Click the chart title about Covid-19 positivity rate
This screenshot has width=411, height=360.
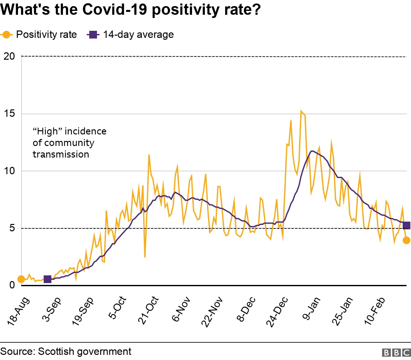point(130,10)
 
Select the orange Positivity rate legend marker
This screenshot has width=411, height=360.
point(6,35)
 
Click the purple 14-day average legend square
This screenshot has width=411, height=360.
point(93,35)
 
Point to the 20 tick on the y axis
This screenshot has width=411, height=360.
point(9,56)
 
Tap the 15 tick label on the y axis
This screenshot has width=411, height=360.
point(9,114)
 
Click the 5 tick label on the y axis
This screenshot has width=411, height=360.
point(12,228)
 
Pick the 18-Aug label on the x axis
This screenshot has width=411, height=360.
point(19,311)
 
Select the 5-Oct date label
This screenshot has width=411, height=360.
point(117,308)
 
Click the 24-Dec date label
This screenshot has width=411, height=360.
point(277,312)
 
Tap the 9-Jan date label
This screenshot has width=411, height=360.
point(311,308)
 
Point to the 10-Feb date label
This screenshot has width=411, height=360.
point(374,311)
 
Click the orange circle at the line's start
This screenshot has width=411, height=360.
point(21,279)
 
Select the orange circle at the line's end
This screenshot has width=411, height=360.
point(406,240)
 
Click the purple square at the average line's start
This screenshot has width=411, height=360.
point(48,279)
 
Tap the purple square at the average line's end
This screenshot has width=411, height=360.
point(406,226)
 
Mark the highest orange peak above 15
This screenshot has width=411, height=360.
point(301,111)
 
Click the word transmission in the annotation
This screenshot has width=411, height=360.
point(61,154)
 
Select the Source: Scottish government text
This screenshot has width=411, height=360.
point(66,352)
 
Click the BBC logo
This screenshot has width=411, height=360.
point(396,353)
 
